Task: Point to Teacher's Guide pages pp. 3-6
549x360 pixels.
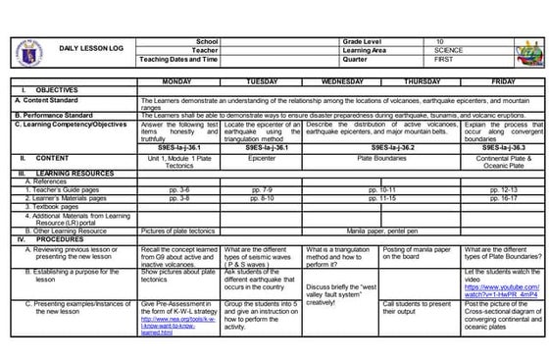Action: [178, 189]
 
